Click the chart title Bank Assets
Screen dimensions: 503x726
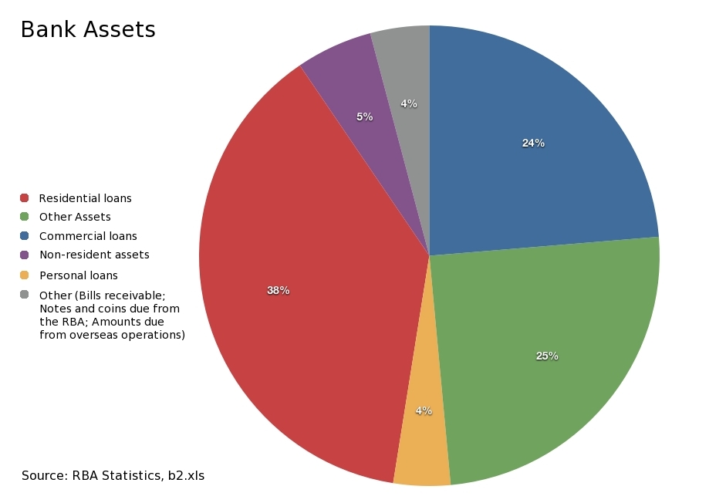click(87, 30)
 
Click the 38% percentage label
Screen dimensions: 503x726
click(278, 291)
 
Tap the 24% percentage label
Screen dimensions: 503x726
click(533, 143)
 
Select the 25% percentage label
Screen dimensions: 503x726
click(547, 356)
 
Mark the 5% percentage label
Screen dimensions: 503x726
click(365, 116)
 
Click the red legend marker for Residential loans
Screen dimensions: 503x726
click(25, 198)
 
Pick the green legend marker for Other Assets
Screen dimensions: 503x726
click(25, 217)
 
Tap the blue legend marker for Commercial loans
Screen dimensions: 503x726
click(25, 236)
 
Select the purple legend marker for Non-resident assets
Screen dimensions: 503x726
click(25, 255)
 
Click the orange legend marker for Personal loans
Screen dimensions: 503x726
click(25, 275)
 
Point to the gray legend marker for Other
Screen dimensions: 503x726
click(25, 295)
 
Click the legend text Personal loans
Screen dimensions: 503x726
click(79, 275)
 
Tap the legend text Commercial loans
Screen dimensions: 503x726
click(88, 236)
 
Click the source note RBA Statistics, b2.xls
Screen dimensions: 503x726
click(113, 475)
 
